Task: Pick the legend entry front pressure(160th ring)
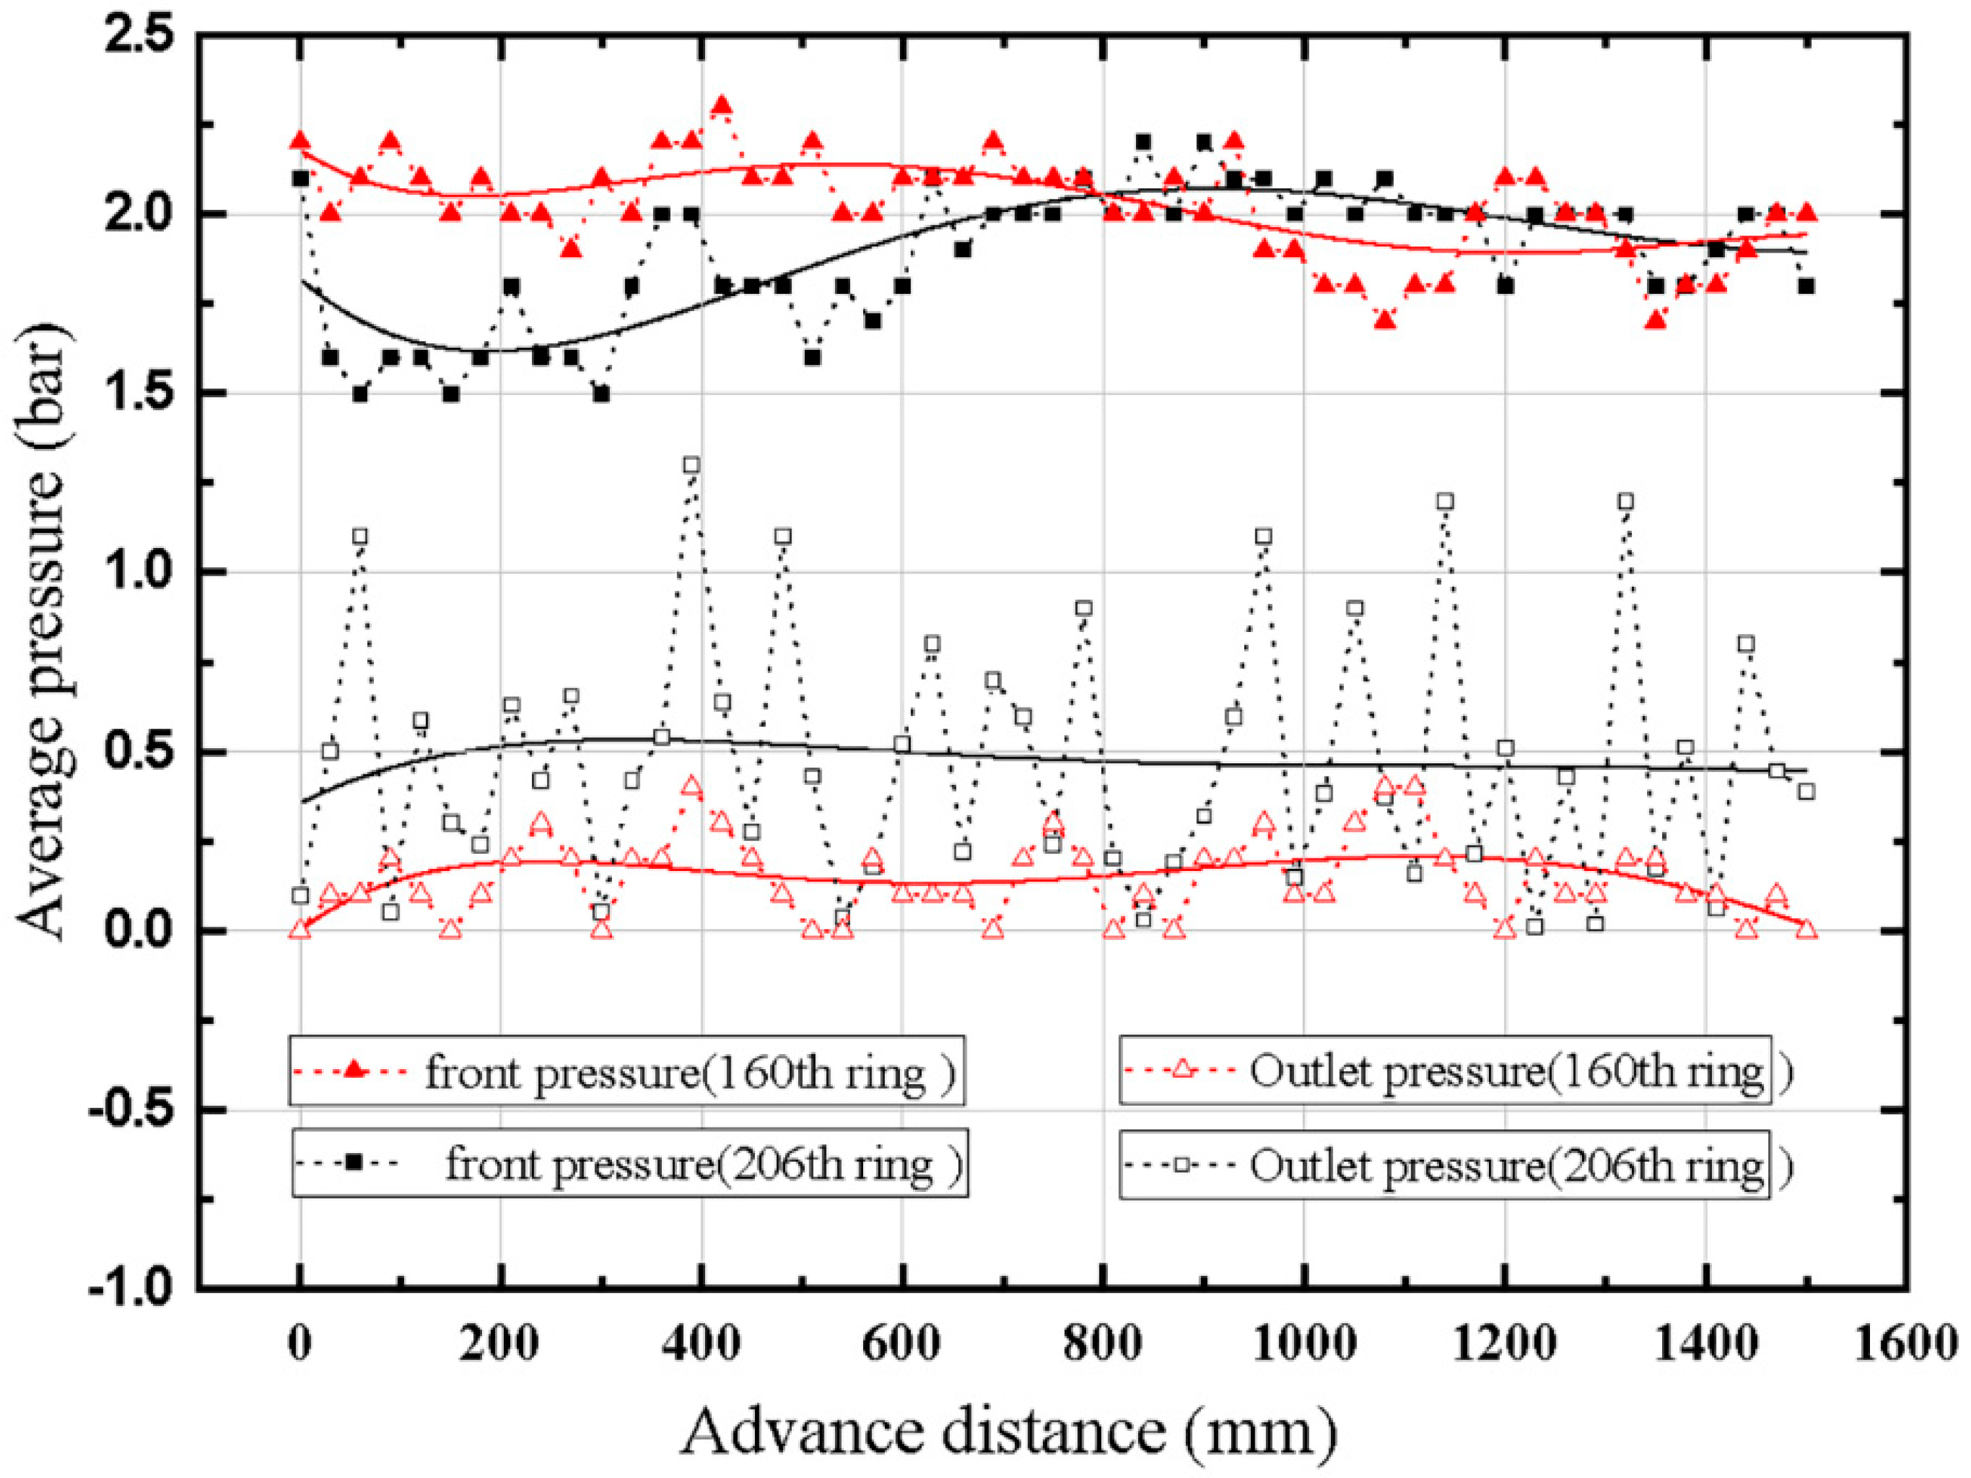(x=626, y=1070)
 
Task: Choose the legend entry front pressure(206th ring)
(x=629, y=1164)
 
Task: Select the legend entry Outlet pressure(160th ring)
(x=1445, y=1070)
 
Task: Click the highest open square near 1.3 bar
(x=691, y=465)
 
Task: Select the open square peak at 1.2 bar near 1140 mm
(x=1445, y=501)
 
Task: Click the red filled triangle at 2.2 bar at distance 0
(x=300, y=141)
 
